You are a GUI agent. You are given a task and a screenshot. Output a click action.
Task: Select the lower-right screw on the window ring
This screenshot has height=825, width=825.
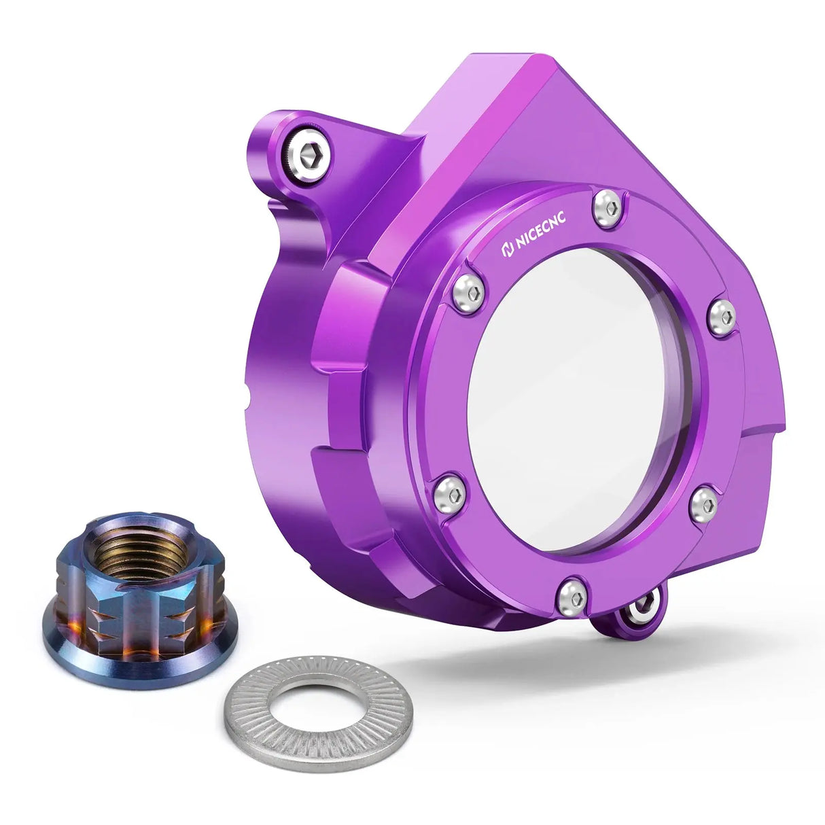(704, 504)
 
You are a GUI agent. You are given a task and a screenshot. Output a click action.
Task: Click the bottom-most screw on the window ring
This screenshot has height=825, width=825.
(572, 596)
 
